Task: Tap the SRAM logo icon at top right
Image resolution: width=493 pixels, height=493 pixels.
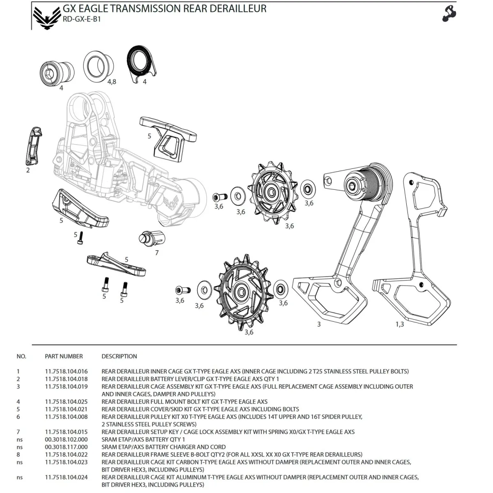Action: pyautogui.click(x=449, y=13)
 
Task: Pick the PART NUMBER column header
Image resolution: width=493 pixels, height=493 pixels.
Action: pyautogui.click(x=64, y=356)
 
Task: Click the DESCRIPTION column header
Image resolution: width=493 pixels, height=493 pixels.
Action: pyautogui.click(x=119, y=356)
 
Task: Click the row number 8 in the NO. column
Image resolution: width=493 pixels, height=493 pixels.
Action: pyautogui.click(x=18, y=454)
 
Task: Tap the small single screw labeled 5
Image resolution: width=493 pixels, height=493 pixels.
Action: pyautogui.click(x=81, y=238)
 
